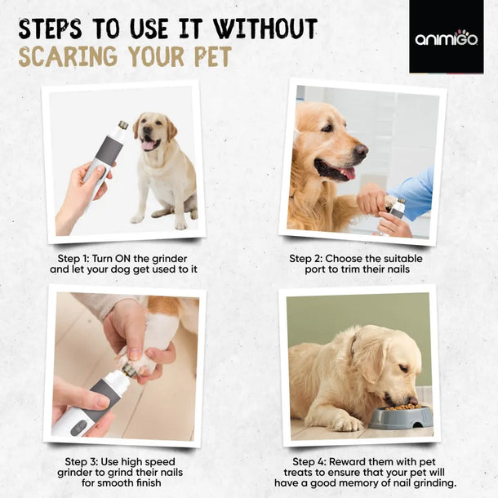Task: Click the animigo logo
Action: click(446, 38)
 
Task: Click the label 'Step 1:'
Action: click(80, 258)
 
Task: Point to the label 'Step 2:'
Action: click(309, 258)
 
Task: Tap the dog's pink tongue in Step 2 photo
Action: click(348, 172)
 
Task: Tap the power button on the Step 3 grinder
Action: click(79, 426)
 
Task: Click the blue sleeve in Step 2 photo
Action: click(416, 192)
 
